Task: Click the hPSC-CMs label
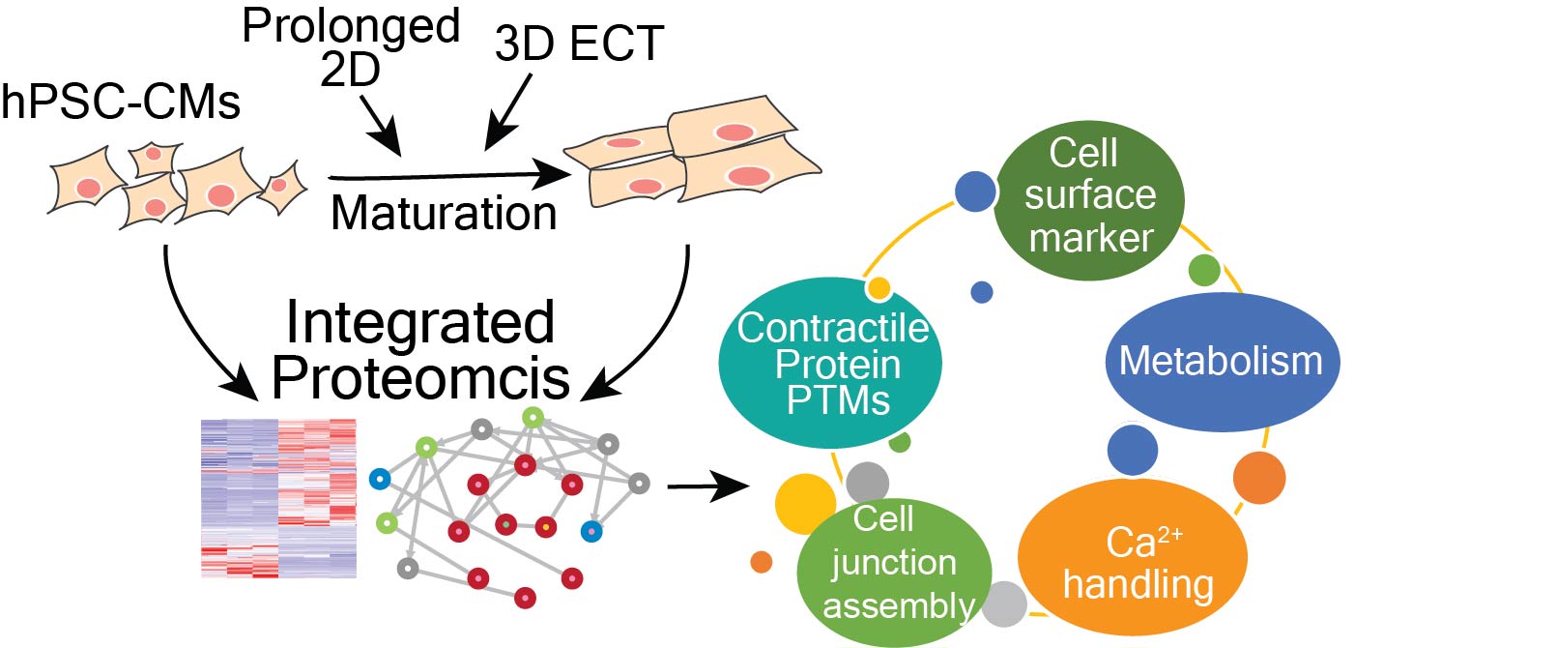point(121,102)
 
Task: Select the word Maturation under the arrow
point(444,213)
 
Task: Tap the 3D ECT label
point(579,44)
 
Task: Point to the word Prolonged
point(351,25)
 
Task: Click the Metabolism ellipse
point(1222,362)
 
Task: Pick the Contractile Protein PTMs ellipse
point(831,364)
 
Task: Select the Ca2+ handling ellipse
point(1133,559)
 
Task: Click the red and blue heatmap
point(278,498)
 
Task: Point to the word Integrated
point(420,322)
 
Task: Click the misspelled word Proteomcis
point(420,377)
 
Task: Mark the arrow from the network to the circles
point(707,486)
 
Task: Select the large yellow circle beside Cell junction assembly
point(804,504)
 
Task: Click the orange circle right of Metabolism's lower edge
point(1259,477)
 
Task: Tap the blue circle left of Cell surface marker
point(975,191)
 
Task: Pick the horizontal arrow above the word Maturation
point(449,176)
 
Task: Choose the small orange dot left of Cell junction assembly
point(762,562)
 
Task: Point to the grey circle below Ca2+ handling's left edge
point(1004,604)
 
